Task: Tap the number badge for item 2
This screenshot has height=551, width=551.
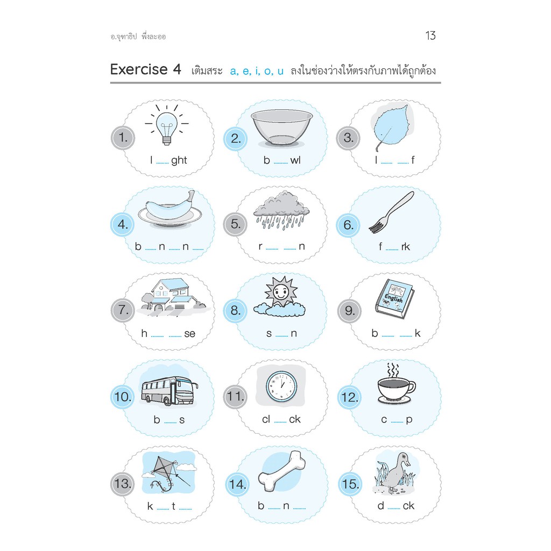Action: coord(236,138)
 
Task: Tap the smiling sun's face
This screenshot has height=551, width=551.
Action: coord(280,293)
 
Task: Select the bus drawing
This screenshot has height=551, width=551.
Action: coord(168,390)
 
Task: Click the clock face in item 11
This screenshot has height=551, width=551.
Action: coord(281,385)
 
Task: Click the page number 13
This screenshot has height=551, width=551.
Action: coord(430,36)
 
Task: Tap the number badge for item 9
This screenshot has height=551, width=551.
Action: coord(349,310)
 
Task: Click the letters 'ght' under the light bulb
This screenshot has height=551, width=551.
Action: coord(179,160)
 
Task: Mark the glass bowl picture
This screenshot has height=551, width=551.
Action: coord(281,128)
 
